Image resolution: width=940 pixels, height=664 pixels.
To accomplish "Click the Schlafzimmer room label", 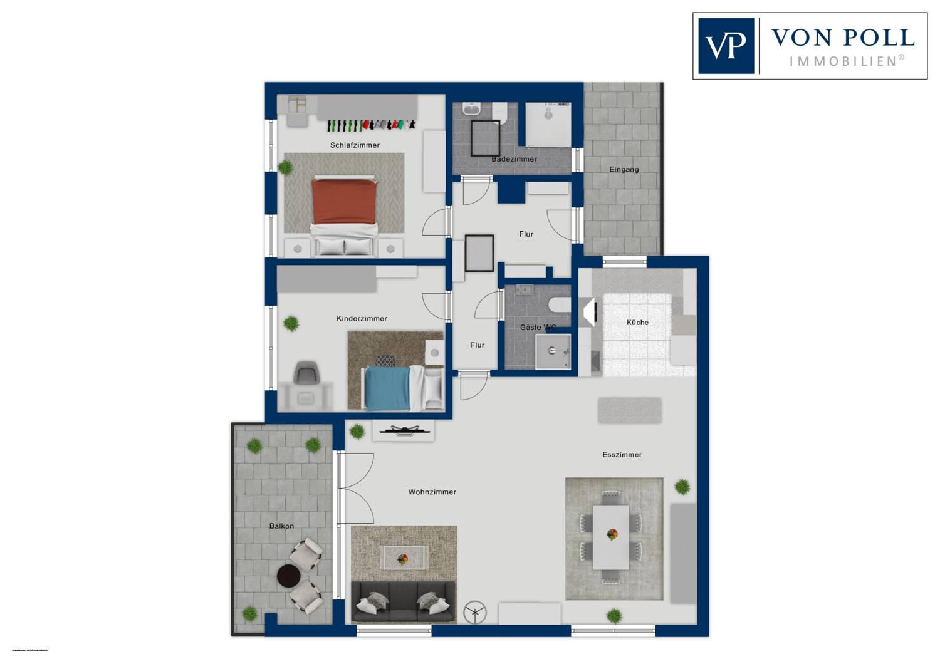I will coord(355,145).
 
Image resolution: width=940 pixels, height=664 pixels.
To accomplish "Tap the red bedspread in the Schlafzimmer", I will coord(344,201).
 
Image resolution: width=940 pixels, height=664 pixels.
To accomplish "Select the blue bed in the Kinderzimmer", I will coord(387,388).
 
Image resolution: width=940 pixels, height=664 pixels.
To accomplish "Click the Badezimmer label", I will coord(514,159).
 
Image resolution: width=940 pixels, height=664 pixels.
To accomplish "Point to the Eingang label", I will coord(624,169).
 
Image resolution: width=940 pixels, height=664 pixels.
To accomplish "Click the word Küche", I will coord(637,323).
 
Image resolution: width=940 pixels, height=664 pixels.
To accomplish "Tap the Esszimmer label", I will coord(622,455).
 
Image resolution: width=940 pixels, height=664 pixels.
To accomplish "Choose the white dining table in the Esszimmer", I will coord(611,537).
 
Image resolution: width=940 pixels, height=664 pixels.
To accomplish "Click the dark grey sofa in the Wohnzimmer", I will coord(403,602).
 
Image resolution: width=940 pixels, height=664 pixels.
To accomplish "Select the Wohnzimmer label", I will coord(432,492).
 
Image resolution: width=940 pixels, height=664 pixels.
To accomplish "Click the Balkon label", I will coord(281,526).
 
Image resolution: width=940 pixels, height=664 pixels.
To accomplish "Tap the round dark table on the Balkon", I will coord(289,576).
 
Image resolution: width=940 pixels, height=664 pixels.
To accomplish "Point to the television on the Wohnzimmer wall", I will coord(403,430).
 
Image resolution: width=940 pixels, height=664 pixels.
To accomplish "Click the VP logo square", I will coord(726,46).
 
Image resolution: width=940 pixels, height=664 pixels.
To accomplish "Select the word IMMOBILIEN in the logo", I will coord(842,61).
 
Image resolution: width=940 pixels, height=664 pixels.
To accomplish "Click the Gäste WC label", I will coord(538,328).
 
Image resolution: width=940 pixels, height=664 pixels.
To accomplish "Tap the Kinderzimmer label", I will coord(362,319).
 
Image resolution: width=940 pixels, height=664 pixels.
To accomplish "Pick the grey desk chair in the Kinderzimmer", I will coord(306,373).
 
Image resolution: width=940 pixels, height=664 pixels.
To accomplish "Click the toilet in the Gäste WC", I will coord(559,305).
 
